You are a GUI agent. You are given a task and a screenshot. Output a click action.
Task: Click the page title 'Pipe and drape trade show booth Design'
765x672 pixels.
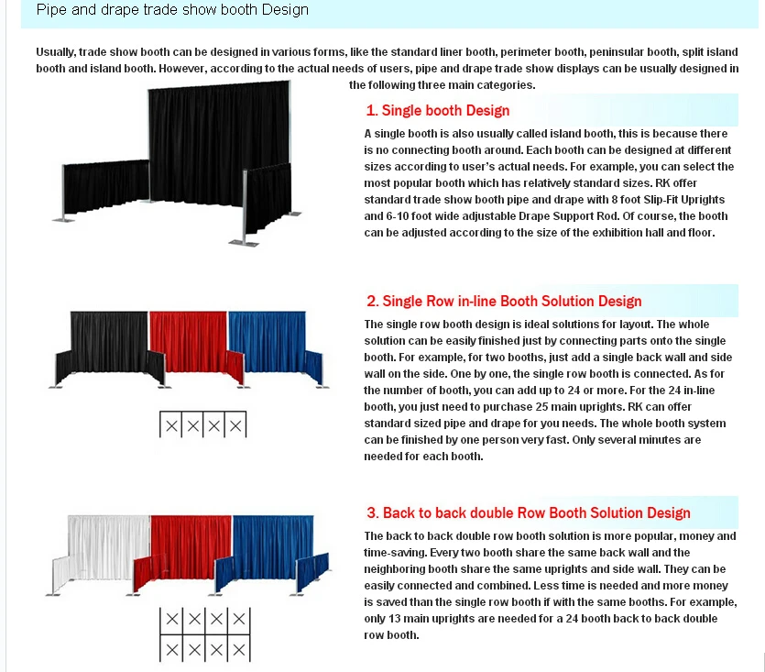coord(172,11)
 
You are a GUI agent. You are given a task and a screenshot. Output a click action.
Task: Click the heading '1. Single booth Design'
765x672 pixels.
coord(437,111)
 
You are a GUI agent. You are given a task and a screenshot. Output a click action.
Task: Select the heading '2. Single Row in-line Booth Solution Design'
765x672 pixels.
coord(503,302)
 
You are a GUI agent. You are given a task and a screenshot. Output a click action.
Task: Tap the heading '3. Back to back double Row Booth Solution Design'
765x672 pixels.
coord(528,513)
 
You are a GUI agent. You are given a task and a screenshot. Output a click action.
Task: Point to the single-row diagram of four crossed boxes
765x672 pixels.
coord(203,425)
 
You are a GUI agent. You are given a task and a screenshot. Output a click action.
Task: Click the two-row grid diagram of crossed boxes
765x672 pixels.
coord(203,633)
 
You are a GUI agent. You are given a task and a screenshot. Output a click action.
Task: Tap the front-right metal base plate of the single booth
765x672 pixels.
coord(245,241)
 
